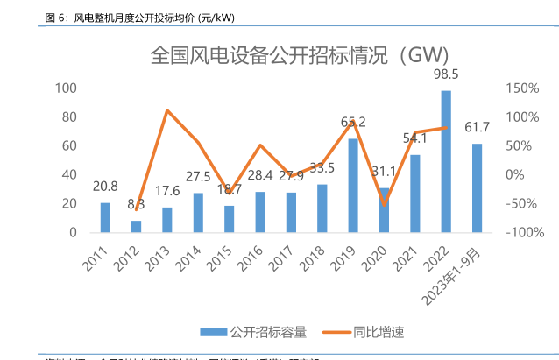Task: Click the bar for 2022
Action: [x=446, y=162]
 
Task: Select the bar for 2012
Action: [x=136, y=226]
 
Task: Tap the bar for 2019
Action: [x=353, y=186]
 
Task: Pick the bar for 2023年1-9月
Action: [x=477, y=188]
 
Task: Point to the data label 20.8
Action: [x=105, y=186]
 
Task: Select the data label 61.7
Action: [x=477, y=128]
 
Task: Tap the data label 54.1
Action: [x=414, y=138]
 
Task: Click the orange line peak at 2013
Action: [x=166, y=110]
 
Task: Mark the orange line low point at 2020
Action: [x=384, y=204]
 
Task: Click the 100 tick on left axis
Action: [x=66, y=88]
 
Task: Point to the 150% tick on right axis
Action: [x=521, y=88]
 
